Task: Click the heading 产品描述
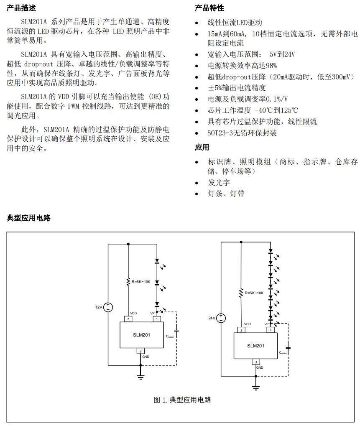(21, 8)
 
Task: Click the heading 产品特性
(209, 8)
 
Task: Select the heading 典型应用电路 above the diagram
(28, 218)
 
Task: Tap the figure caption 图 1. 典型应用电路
(182, 400)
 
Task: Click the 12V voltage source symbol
(108, 307)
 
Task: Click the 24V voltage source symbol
(221, 318)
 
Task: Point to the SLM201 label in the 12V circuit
(141, 335)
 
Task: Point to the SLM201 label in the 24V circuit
(255, 346)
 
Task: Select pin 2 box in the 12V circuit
(128, 319)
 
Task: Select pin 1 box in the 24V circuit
(271, 330)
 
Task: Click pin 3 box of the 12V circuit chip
(140, 351)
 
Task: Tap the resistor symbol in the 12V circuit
(128, 282)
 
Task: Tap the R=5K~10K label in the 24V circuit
(254, 293)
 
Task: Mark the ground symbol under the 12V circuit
(140, 377)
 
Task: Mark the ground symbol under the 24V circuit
(256, 388)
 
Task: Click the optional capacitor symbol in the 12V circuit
(176, 331)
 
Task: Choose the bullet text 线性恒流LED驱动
(235, 23)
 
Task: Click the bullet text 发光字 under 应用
(219, 183)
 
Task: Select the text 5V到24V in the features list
(282, 54)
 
